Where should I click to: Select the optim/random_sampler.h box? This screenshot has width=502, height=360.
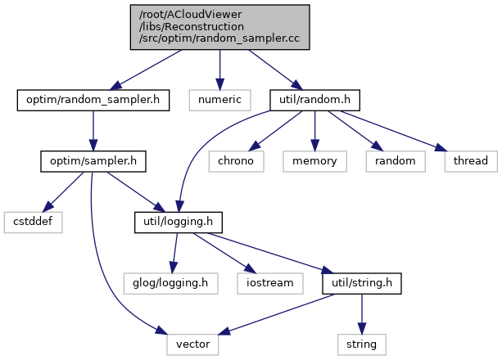93,101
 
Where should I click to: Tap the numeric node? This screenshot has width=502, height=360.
219,101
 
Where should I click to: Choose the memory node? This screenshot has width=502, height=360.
314,161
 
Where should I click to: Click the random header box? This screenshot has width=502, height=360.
396,161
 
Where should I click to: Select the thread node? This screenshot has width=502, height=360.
471,161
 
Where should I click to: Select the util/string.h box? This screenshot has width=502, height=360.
361,282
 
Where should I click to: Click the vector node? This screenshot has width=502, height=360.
193,343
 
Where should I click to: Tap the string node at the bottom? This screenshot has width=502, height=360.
361,343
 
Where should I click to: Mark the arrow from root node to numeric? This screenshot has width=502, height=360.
219,70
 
